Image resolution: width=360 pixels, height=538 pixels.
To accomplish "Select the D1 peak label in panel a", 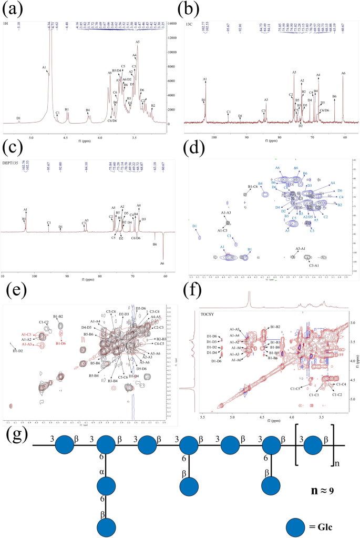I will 18,118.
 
